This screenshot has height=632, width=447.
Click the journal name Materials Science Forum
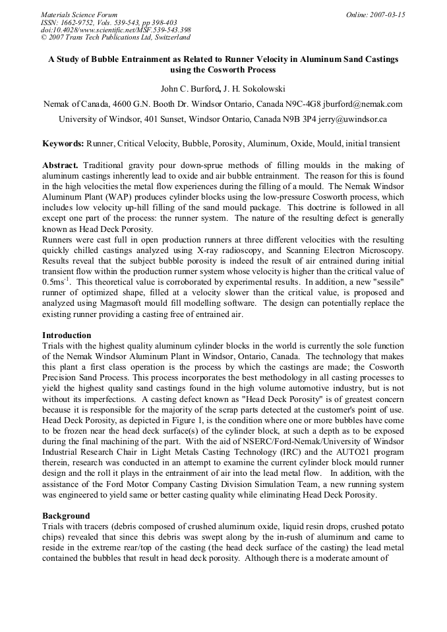point(79,14)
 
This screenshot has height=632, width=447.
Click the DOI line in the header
point(115,30)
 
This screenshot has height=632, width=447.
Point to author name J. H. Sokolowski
point(253,88)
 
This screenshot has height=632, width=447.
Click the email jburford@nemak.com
point(366,104)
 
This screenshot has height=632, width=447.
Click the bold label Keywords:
point(63,144)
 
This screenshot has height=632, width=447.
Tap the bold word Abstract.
point(61,165)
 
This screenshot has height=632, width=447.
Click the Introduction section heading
point(67,335)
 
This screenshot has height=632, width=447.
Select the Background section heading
point(66,515)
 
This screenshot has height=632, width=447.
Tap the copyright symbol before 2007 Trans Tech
point(44,38)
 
